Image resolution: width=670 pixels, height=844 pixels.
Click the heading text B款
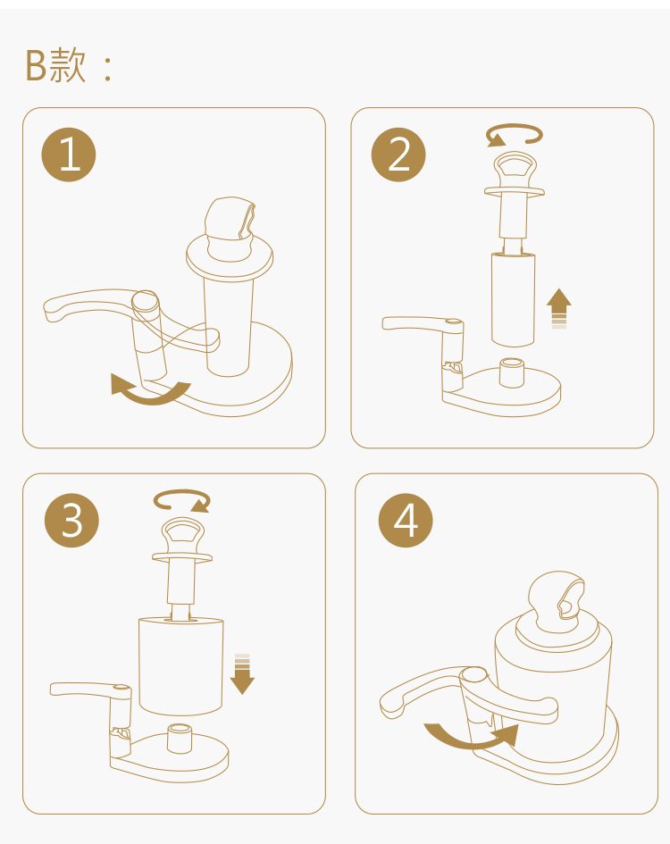coord(55,65)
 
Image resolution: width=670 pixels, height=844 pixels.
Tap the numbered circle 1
coord(69,155)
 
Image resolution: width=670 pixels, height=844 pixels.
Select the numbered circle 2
coord(398,155)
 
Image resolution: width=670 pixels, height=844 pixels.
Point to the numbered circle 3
coord(71,521)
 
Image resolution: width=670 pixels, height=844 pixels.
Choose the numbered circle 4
coord(406,521)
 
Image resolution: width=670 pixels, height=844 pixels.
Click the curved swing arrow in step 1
coord(151,397)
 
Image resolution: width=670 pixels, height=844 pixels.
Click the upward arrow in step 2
coord(559,308)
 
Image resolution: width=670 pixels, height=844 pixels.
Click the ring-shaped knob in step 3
coord(182,534)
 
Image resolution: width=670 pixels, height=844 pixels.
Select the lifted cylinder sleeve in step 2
coord(514,299)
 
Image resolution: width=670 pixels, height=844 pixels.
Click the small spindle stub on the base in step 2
coord(512,372)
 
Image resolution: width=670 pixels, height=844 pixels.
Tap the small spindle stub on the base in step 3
coord(180,739)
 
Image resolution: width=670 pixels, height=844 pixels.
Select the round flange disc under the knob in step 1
coord(230,257)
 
